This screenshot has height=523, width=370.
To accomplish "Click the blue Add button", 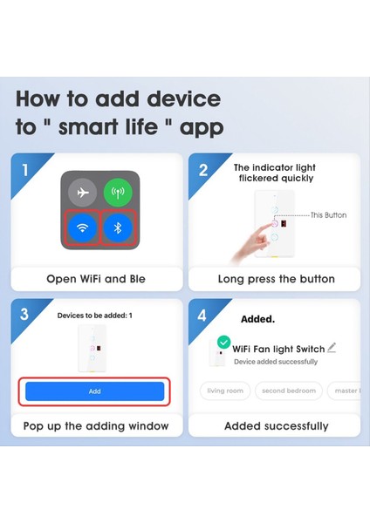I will coord(95,391).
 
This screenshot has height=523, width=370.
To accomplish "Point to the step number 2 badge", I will coord(203,169).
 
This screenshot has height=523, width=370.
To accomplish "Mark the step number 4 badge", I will coord(203,315).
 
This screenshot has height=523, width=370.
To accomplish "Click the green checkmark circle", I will coord(225,343).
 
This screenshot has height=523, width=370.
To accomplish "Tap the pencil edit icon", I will coord(331,347).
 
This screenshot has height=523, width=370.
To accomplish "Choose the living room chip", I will coord(225,391).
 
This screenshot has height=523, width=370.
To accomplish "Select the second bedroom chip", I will coord(290,391).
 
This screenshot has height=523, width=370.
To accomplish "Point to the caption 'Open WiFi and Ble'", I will coord(96,279).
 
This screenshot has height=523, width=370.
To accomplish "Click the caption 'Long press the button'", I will coord(276,279).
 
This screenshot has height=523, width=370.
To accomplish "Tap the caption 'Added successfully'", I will coord(276,426).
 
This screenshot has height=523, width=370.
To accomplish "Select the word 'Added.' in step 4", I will coord(258,319).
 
